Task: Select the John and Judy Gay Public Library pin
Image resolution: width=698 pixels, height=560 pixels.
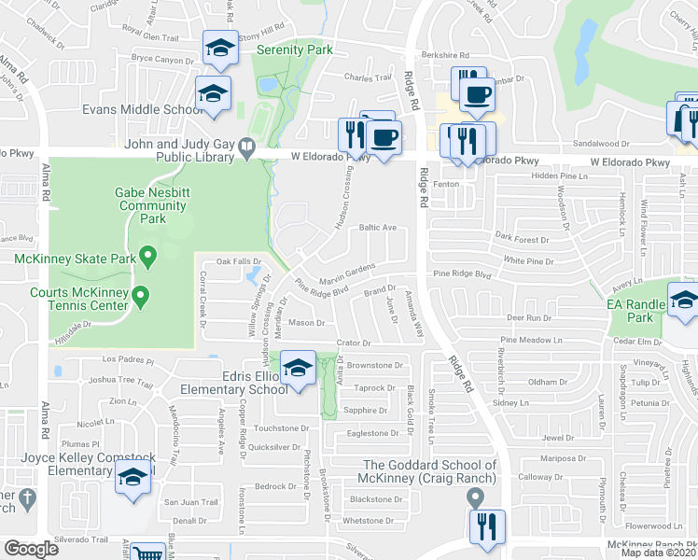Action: click(245, 146)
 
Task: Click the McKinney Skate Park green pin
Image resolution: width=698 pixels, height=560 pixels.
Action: click(147, 255)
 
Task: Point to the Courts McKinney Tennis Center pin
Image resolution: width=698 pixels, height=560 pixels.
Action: click(141, 297)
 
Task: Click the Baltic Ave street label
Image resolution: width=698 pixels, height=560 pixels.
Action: click(379, 227)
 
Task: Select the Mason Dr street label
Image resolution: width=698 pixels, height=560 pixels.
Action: click(306, 323)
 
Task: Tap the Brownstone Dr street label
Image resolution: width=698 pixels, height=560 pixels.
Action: click(380, 366)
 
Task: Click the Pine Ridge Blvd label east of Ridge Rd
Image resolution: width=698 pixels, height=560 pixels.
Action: click(462, 275)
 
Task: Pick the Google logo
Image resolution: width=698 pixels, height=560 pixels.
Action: click(31, 549)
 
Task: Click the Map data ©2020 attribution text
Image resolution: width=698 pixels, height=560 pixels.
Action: click(659, 553)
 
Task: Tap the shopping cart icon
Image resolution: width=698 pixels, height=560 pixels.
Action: click(147, 553)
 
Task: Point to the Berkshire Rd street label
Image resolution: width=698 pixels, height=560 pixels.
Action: click(450, 56)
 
